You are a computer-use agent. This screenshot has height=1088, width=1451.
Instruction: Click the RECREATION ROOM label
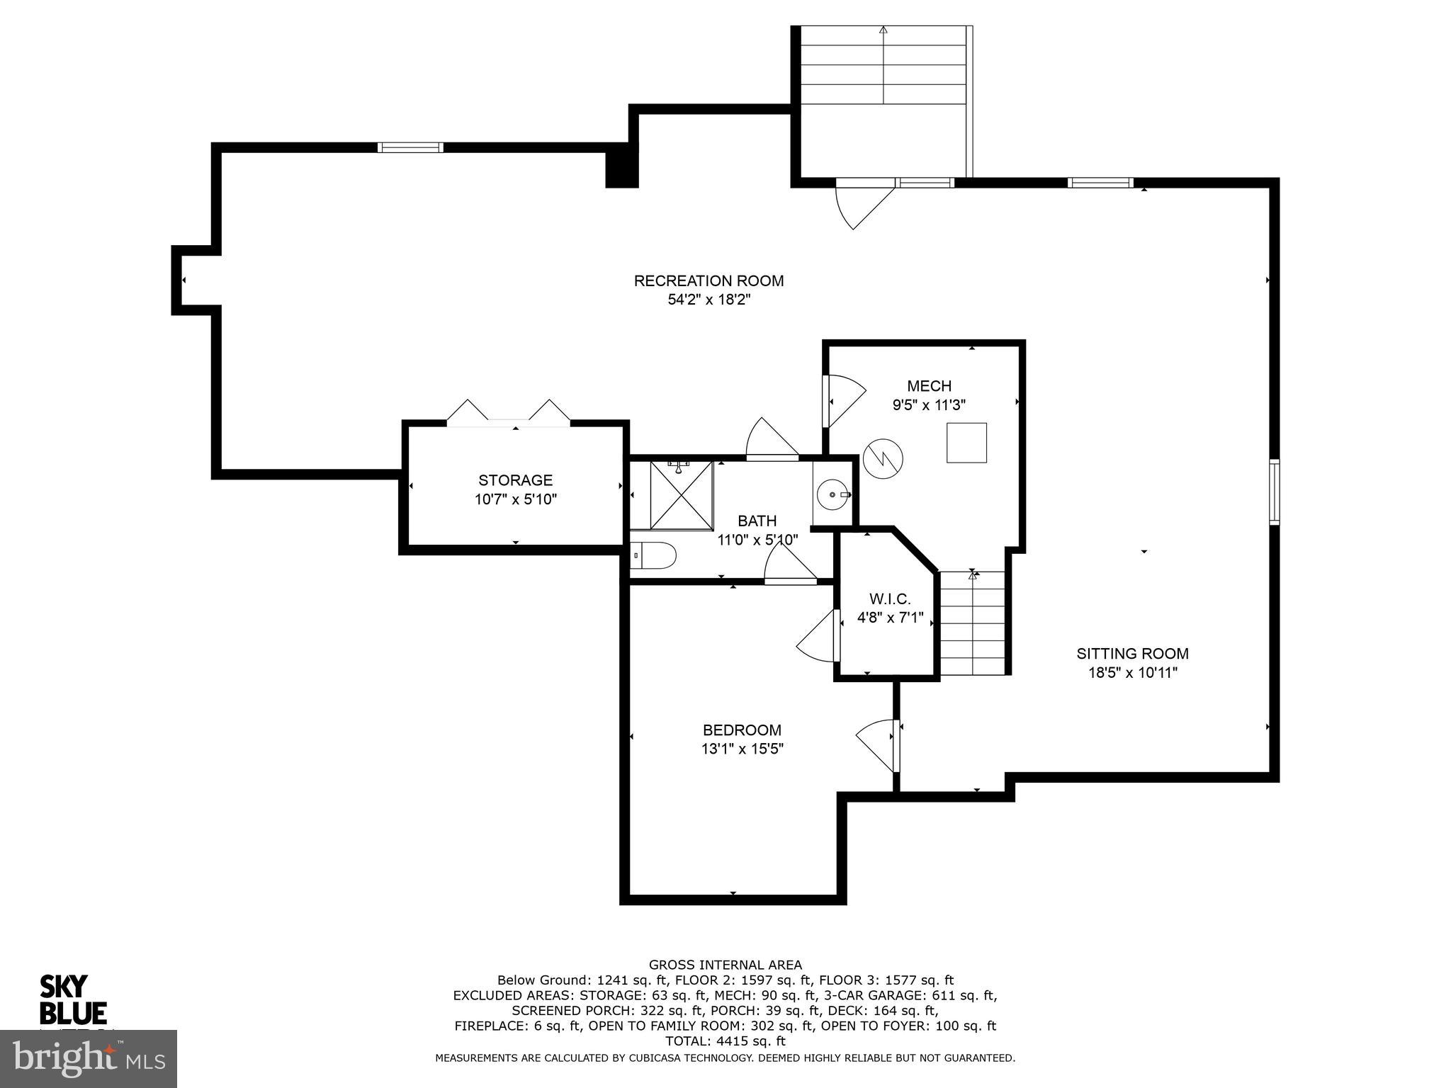click(708, 280)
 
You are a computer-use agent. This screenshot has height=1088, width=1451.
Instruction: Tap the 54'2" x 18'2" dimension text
click(708, 300)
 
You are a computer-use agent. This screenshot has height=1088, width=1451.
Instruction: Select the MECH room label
click(929, 386)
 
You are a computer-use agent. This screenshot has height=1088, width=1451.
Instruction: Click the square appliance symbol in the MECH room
click(966, 443)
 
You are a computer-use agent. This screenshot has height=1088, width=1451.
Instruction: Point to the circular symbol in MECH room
click(883, 459)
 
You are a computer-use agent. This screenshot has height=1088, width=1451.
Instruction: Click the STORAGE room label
click(515, 480)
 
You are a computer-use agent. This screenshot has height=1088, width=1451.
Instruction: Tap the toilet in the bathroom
click(653, 555)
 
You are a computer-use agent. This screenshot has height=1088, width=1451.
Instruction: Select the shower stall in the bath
click(681, 494)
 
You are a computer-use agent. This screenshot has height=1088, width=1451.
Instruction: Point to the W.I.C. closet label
click(890, 599)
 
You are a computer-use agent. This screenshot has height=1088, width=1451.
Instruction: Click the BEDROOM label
click(742, 730)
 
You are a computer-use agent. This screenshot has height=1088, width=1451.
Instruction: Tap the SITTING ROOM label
click(1132, 654)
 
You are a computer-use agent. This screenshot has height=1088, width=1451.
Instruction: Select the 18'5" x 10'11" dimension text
click(1132, 673)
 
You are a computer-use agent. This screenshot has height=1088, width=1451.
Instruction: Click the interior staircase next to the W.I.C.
click(973, 623)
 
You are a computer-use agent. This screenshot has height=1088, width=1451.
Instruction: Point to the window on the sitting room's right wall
click(1274, 492)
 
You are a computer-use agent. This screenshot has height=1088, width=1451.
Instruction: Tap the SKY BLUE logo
click(73, 999)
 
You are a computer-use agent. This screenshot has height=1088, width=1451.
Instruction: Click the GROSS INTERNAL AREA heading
click(725, 965)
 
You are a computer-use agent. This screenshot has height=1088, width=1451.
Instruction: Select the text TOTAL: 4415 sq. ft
click(725, 1041)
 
